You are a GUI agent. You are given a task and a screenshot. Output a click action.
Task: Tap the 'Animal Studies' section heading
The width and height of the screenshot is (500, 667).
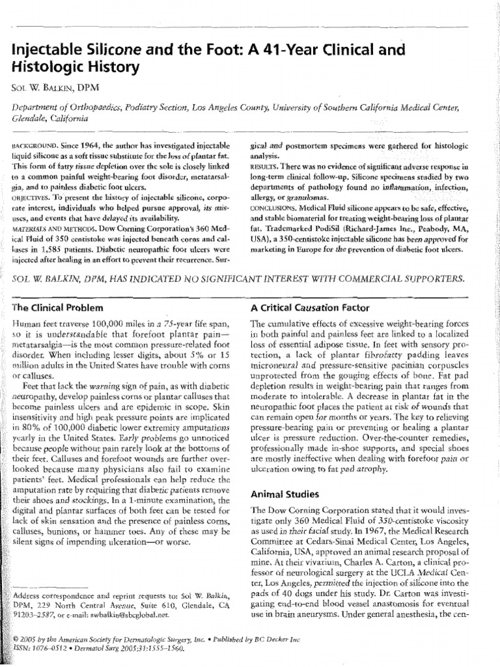click(282, 494)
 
